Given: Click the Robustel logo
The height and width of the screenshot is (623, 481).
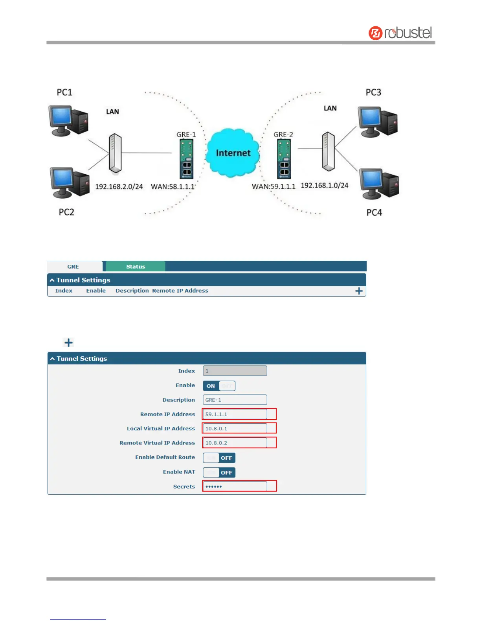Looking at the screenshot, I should point(400,33).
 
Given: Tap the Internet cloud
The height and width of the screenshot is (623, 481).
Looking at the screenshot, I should point(233,153).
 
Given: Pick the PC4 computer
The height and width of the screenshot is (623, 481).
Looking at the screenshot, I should point(379,183).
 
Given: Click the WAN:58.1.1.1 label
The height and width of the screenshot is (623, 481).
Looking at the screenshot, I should point(173,186).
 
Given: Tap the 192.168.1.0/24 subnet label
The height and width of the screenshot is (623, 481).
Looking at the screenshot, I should point(324,185).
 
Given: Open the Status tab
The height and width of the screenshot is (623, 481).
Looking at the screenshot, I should point(136,267).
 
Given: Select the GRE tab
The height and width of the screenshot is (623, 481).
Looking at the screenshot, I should point(73,267).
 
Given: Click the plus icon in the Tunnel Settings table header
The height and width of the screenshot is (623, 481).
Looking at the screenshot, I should point(359,291).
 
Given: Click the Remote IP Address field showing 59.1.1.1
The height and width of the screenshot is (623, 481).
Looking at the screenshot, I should point(235,414).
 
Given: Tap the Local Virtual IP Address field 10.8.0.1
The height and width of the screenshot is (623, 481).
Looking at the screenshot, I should point(235,428).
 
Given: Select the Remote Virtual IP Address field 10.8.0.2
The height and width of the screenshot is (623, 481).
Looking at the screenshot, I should point(235,443).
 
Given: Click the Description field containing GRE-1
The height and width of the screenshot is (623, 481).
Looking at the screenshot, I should point(235,400).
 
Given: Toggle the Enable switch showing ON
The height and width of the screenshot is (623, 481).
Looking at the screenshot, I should point(219,386).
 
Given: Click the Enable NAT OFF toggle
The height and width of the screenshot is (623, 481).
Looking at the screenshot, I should point(219,472).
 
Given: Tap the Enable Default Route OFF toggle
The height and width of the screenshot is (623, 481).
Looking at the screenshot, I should point(219,458).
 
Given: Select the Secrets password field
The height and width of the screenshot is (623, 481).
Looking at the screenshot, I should point(235,487).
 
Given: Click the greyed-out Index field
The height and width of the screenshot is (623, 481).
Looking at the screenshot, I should point(235,371).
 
